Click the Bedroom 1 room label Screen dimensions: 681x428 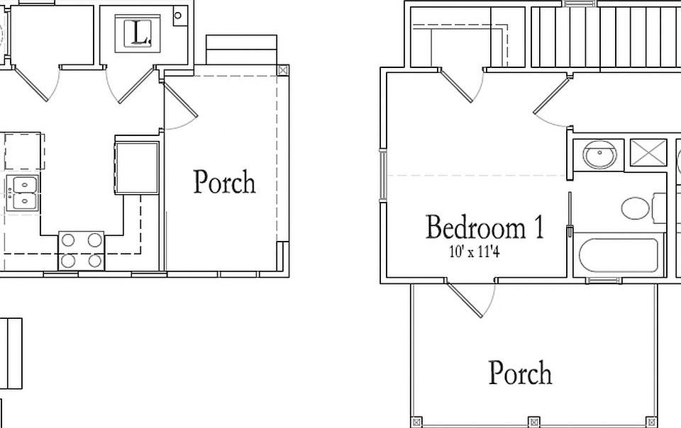pyautogui.click(x=485, y=227)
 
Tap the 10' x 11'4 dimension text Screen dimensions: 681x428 pyautogui.click(x=474, y=252)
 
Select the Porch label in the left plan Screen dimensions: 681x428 pyautogui.click(x=224, y=181)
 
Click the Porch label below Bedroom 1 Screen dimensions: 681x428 pyautogui.click(x=520, y=373)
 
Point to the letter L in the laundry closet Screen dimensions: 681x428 pyautogui.click(x=138, y=33)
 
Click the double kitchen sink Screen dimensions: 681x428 pyautogui.click(x=24, y=193)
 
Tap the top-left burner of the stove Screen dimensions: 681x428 pyautogui.click(x=69, y=240)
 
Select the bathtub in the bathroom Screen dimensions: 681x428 pyautogui.click(x=619, y=256)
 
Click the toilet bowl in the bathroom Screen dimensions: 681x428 pyautogui.click(x=636, y=208)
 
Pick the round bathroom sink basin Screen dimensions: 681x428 pyautogui.click(x=600, y=154)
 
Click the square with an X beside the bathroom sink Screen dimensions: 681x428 pyautogui.click(x=648, y=152)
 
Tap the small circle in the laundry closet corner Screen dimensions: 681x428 pyautogui.click(x=177, y=16)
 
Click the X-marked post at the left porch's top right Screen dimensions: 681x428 pyautogui.click(x=283, y=70)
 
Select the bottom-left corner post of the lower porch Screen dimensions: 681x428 pyautogui.click(x=416, y=422)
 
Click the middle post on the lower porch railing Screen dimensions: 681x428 pyautogui.click(x=533, y=422)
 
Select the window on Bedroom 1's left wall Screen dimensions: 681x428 pyautogui.click(x=382, y=175)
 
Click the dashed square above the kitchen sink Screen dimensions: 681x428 pyautogui.click(x=24, y=152)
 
